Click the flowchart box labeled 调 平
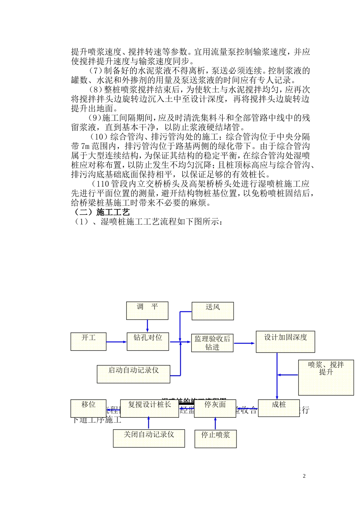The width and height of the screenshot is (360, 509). (147, 311)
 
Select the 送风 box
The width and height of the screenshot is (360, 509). (213, 311)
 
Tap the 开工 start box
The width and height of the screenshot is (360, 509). (88, 341)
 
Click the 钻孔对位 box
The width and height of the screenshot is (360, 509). (148, 342)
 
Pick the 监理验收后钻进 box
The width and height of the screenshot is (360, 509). (212, 343)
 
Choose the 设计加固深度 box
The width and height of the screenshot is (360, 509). (285, 342)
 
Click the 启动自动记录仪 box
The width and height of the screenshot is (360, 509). (133, 374)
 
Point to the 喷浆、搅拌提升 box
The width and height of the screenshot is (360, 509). (326, 377)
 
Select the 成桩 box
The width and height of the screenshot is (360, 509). (279, 408)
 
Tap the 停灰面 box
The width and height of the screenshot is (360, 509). (215, 408)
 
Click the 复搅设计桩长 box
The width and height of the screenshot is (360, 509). (149, 408)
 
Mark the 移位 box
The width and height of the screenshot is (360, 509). (88, 408)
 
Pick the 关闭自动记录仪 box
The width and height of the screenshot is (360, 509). (149, 438)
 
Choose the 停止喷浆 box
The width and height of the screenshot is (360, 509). (216, 439)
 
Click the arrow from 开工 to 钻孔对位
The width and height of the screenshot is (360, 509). (116, 342)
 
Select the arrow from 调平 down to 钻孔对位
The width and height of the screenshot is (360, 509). (147, 326)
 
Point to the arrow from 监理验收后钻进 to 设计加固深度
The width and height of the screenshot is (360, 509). (244, 343)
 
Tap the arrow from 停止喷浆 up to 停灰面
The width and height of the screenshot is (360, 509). (215, 423)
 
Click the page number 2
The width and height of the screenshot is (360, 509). (304, 476)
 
